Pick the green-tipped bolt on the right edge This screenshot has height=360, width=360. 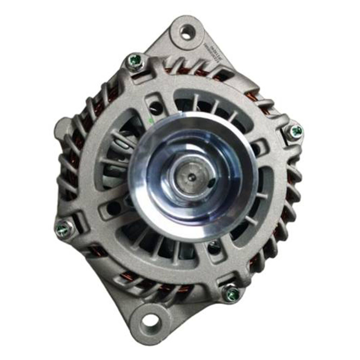pos(296,131)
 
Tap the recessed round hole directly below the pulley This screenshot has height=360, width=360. pos(215,247)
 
